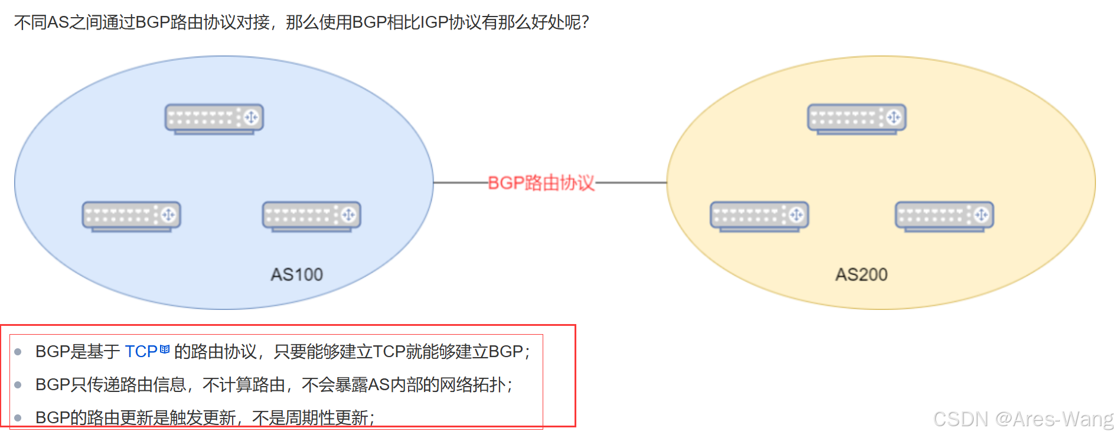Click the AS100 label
[296, 274]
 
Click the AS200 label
[861, 274]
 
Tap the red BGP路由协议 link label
[541, 183]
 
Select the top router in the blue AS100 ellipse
[214, 119]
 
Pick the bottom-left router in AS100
[131, 216]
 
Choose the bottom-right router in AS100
[311, 216]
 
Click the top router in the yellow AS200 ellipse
[856, 119]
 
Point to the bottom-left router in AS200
[759, 216]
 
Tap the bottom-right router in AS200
[944, 216]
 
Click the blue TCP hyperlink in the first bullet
[141, 352]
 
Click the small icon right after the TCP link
[165, 349]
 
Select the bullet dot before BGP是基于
[18, 352]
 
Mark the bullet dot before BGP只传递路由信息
[18, 385]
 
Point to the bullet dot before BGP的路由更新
[18, 419]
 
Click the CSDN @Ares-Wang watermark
[1023, 419]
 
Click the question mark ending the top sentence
[585, 22]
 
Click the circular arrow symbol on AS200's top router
[894, 117]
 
